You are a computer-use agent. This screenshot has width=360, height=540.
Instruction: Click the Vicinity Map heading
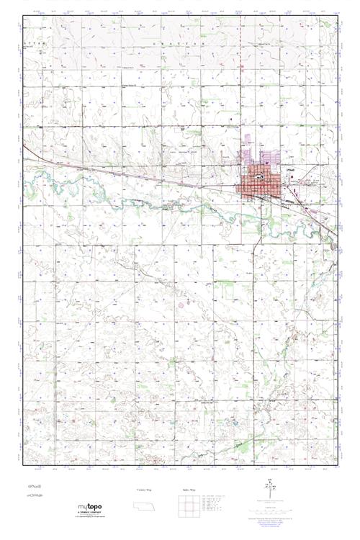145,490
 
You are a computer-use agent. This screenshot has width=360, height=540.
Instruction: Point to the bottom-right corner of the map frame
338,474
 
